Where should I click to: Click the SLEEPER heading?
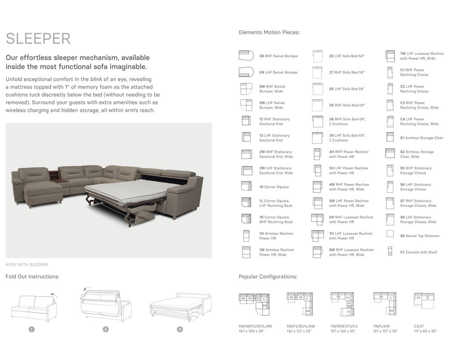pos(38,39)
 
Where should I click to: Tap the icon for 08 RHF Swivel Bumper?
pos(246,56)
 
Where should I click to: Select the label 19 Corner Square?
pos(274,187)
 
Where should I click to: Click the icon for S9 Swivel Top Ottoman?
pos(390,234)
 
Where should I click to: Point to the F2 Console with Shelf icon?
pos(390,252)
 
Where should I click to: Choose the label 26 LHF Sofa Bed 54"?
pos(347,56)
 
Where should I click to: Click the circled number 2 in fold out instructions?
pos(106,329)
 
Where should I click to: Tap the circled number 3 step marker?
pos(180,329)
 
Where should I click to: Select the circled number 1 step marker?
pos(31,329)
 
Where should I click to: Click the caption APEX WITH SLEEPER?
pos(26,265)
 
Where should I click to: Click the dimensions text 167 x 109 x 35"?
pos(251,331)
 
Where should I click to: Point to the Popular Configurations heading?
pos(268,277)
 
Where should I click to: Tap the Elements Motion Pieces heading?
pos(269,32)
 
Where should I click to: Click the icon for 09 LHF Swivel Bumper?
pos(246,72)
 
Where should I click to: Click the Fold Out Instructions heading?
pos(32,277)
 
